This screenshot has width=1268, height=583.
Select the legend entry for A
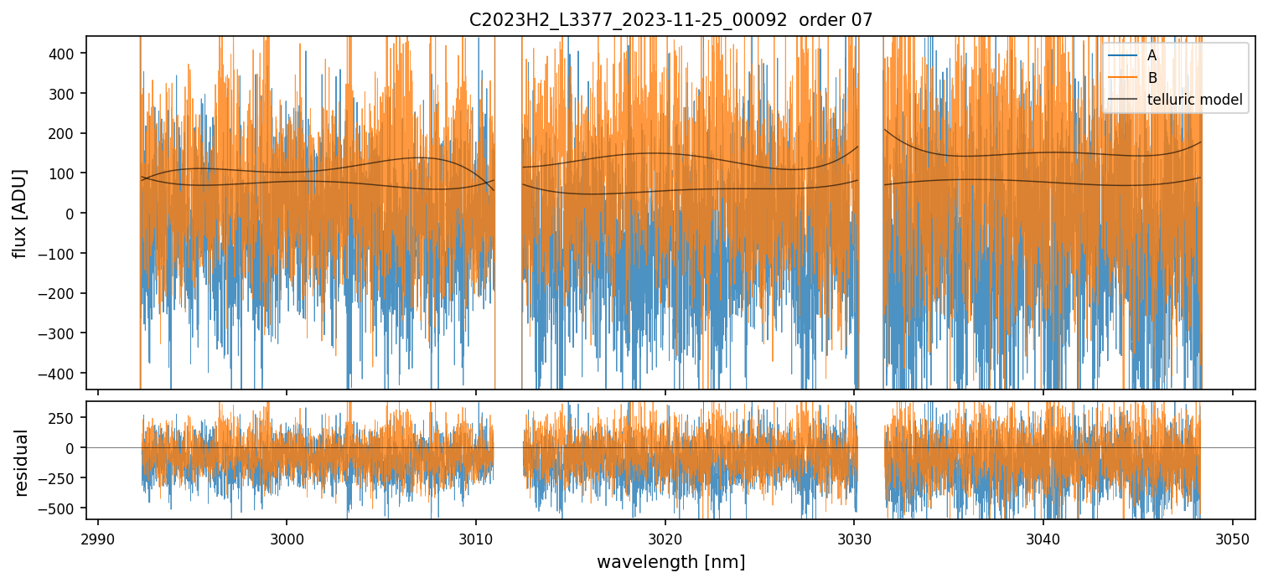pyautogui.click(x=1152, y=56)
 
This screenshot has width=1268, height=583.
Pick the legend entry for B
pyautogui.click(x=1152, y=79)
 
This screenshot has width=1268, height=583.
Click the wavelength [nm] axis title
pyautogui.click(x=670, y=562)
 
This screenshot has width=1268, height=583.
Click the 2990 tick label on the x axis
pyautogui.click(x=98, y=537)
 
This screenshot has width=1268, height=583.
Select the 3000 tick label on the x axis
pyautogui.click(x=287, y=537)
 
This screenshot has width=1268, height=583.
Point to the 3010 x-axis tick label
pyautogui.click(x=476, y=537)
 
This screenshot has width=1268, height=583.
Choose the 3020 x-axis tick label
pyautogui.click(x=665, y=537)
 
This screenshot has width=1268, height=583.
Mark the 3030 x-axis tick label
pyautogui.click(x=854, y=537)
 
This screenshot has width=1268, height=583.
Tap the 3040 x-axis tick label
pyautogui.click(x=1043, y=537)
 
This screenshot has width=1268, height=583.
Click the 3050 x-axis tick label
pyautogui.click(x=1232, y=537)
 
